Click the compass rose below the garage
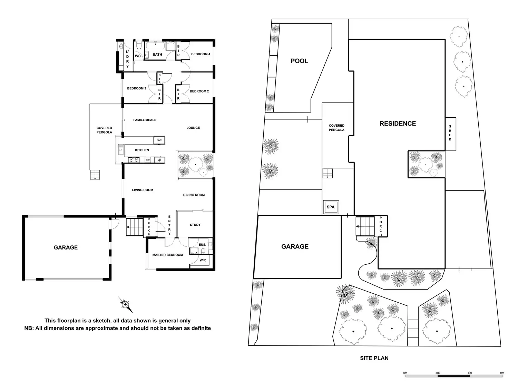click(x=125, y=304)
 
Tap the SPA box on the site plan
click(x=331, y=207)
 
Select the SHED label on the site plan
click(x=450, y=133)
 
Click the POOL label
click(x=299, y=61)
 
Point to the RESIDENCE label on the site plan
click(x=398, y=124)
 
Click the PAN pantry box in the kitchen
click(x=159, y=140)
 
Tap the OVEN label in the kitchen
click(x=148, y=160)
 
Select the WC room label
click(x=138, y=56)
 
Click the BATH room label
click(x=157, y=55)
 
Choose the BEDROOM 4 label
click(x=201, y=54)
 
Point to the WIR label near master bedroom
click(x=203, y=260)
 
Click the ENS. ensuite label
click(x=203, y=245)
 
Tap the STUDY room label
click(x=195, y=225)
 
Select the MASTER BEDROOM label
click(x=168, y=255)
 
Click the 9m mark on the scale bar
click(x=502, y=373)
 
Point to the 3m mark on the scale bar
click(x=438, y=373)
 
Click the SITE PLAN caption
click(x=374, y=358)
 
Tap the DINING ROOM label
click(x=194, y=195)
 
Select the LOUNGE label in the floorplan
click(x=193, y=128)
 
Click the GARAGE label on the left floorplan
click(x=66, y=247)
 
